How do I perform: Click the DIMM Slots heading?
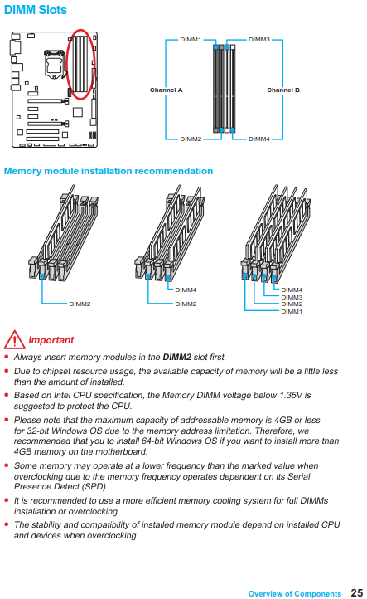pyautogui.click(x=35, y=10)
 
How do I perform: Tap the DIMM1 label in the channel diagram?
pyautogui.click(x=191, y=39)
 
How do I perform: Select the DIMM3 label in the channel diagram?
pyautogui.click(x=259, y=39)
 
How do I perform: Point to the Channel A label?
pyautogui.click(x=166, y=90)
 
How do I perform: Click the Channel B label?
pyautogui.click(x=283, y=90)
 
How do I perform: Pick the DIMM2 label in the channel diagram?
pyautogui.click(x=191, y=139)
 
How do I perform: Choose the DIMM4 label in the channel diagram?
pyautogui.click(x=259, y=139)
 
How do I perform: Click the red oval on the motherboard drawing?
pyautogui.click(x=67, y=65)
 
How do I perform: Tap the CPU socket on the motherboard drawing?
pyautogui.click(x=53, y=63)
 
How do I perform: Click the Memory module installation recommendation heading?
pyautogui.click(x=109, y=171)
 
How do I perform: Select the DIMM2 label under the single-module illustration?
pyautogui.click(x=80, y=304)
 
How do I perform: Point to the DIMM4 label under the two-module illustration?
pyautogui.click(x=186, y=290)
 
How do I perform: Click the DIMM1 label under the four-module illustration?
pyautogui.click(x=292, y=312)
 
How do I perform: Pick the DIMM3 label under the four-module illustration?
pyautogui.click(x=292, y=297)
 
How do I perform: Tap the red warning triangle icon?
pyautogui.click(x=14, y=339)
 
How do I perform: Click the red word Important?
pyautogui.click(x=51, y=340)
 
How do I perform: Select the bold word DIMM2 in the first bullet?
pyautogui.click(x=177, y=358)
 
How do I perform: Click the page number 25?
pyautogui.click(x=357, y=592)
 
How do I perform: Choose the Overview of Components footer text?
pyautogui.click(x=295, y=594)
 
